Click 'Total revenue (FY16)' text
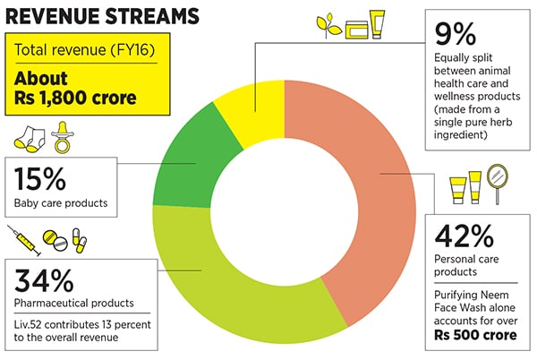77,49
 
